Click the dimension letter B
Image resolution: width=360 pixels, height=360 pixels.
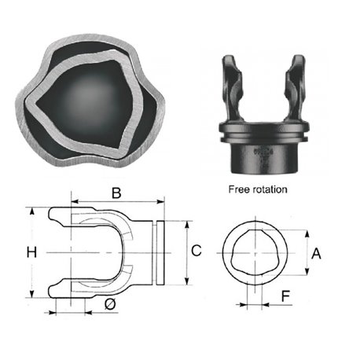point(116,193)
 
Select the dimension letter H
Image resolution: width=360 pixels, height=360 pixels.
point(31,252)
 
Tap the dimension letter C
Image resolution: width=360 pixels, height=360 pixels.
point(197,251)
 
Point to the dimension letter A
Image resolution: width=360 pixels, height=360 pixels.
point(316,254)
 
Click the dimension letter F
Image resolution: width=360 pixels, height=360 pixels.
point(285,296)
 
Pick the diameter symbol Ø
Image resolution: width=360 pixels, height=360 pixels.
point(110,304)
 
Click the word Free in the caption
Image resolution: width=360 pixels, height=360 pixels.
point(238,189)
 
